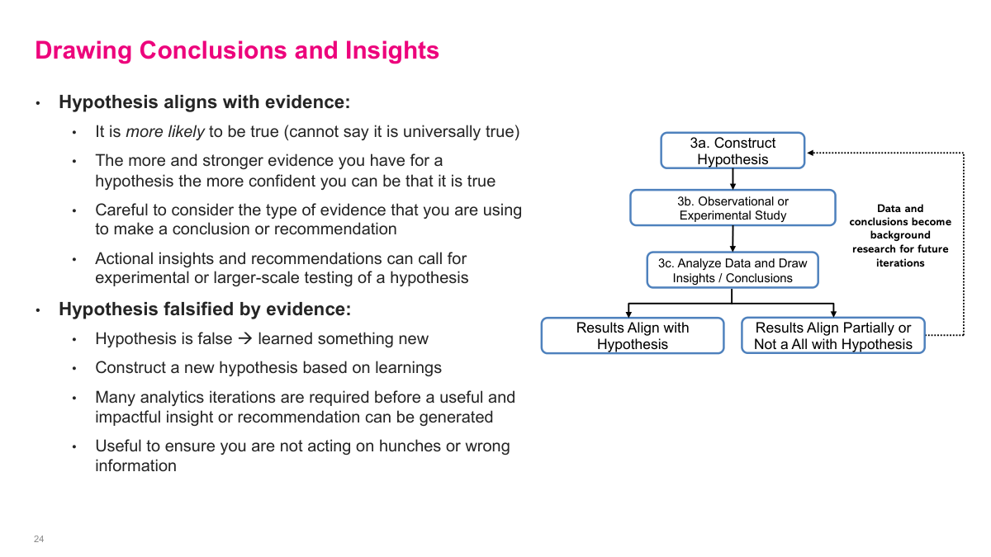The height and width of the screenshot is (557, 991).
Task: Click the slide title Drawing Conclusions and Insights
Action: click(x=237, y=51)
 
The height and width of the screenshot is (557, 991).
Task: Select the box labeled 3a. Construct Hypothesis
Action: click(x=733, y=151)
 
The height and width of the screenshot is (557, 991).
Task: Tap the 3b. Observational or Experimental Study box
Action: click(x=733, y=208)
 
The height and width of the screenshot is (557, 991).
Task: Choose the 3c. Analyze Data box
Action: click(x=733, y=270)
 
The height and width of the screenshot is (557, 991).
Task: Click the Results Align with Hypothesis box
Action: click(x=633, y=336)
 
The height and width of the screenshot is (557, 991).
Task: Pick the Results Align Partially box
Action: click(x=832, y=336)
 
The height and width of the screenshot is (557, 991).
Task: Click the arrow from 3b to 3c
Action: click(x=733, y=238)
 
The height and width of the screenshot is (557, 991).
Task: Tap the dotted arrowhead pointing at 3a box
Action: click(x=811, y=153)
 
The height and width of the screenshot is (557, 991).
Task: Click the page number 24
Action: click(x=39, y=539)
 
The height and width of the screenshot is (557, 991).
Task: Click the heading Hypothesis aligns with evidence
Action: click(x=205, y=102)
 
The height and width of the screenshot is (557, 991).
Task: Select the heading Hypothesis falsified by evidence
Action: click(x=205, y=309)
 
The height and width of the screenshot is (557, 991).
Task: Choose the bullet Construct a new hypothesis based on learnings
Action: click(x=268, y=368)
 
